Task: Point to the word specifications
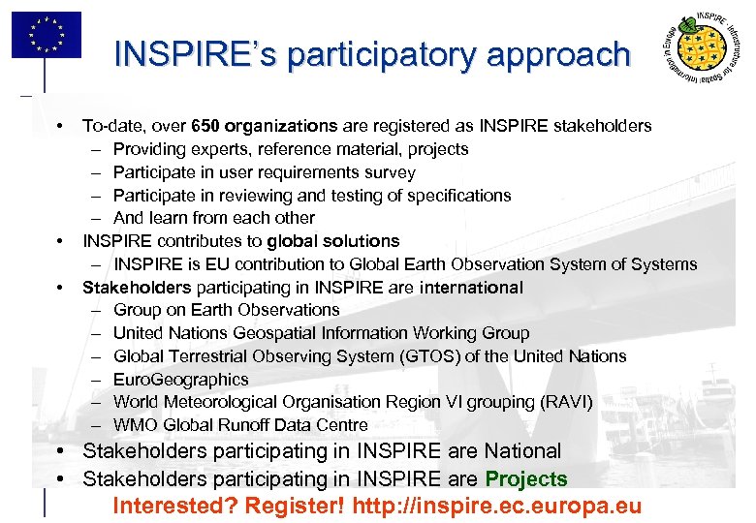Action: [458, 196]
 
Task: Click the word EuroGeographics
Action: [181, 380]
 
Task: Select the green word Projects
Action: [526, 479]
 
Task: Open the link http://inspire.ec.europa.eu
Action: [497, 507]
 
